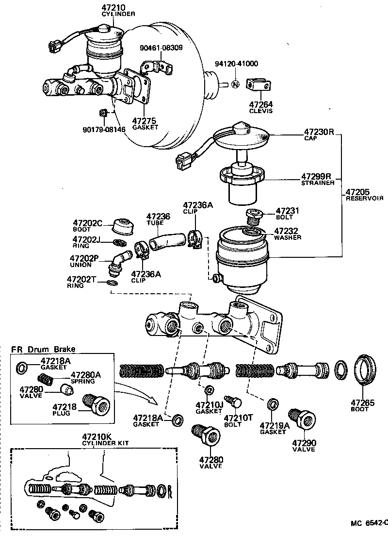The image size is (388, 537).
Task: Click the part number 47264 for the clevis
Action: pos(260,104)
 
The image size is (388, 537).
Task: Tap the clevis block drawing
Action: pos(258,85)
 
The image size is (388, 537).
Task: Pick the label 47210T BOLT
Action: pos(238,421)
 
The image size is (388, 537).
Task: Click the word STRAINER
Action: pos(318,183)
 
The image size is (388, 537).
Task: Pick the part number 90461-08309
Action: pos(162,48)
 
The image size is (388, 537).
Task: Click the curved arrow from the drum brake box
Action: pos(136,391)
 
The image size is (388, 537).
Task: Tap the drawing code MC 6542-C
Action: pos(369,523)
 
